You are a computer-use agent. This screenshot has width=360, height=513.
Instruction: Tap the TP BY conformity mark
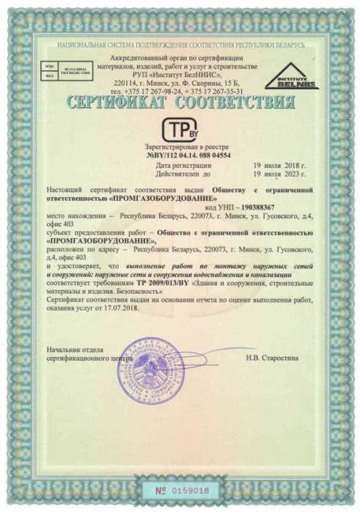pos(179,129)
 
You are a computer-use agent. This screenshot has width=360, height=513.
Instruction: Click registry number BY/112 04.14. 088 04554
pos(178,155)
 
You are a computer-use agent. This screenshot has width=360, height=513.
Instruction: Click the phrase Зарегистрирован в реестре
pos(178,147)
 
